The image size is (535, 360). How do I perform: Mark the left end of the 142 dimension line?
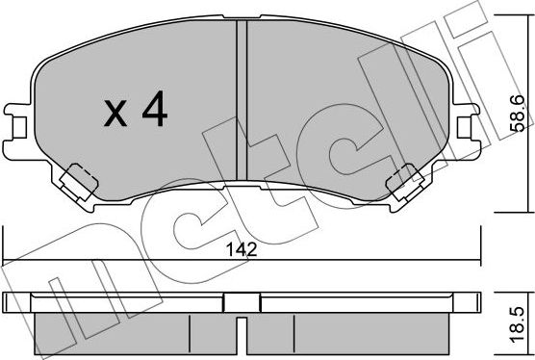click(x=5, y=259)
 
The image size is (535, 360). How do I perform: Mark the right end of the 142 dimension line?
click(x=480, y=259)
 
